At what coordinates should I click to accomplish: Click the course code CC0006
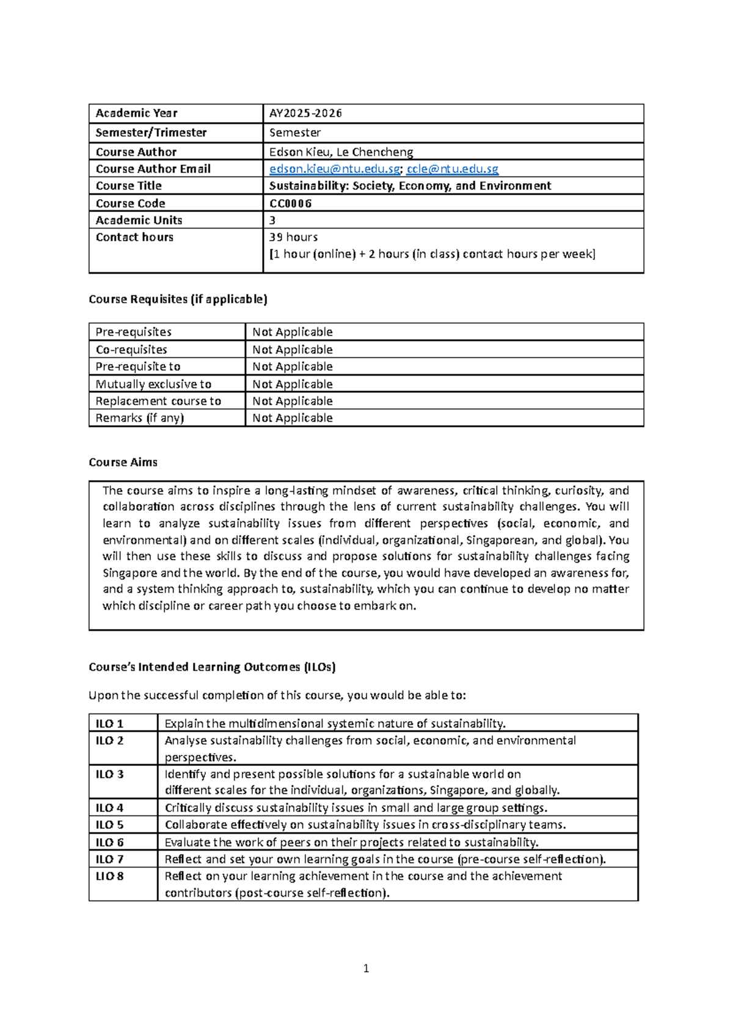coord(290,203)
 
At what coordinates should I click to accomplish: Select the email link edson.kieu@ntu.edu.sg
coord(334,169)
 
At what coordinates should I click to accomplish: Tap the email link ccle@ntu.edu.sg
coord(452,169)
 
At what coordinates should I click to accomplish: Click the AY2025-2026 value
coord(305,113)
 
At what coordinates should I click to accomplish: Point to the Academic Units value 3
coord(272,221)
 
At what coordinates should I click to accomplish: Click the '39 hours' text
coord(293,237)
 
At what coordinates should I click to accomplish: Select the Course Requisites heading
coord(178,299)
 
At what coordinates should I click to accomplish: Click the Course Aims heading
coord(123,462)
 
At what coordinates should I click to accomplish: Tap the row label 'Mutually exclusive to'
coord(153,384)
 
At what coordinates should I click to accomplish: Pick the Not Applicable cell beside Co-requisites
coord(293,350)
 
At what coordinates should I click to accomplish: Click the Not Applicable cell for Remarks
coord(293,418)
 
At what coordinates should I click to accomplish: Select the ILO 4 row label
coord(109,808)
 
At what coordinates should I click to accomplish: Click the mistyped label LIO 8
coord(109,877)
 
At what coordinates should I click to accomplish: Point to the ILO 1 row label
coord(109,724)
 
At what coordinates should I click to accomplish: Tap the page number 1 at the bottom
coord(366,968)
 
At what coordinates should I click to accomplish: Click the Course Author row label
coord(136,152)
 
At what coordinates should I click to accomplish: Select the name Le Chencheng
coord(374,152)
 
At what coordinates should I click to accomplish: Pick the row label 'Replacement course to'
coord(158,401)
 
